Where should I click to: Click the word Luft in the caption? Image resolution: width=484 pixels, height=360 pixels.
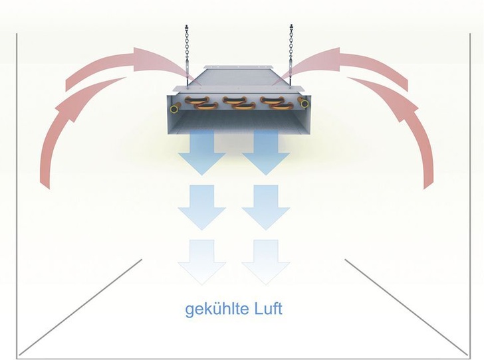(x=266, y=310)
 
